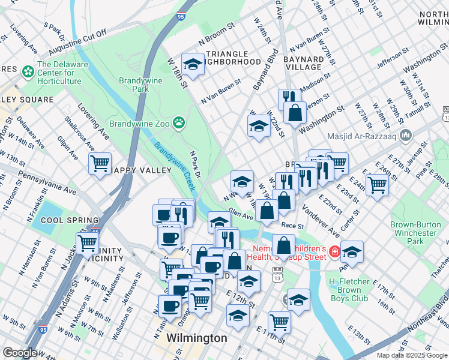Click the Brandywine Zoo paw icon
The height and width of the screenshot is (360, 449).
point(178,123)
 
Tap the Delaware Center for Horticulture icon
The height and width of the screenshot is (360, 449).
point(28,73)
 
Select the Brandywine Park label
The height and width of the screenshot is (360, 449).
point(133,85)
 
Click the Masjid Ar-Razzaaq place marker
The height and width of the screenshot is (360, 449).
point(406,134)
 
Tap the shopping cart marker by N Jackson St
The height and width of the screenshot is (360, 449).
point(87,244)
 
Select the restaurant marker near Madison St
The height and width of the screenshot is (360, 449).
point(289,97)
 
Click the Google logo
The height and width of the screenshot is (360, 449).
point(20,353)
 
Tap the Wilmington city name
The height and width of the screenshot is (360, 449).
point(196,338)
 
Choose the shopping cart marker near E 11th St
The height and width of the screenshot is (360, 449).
point(279,322)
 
